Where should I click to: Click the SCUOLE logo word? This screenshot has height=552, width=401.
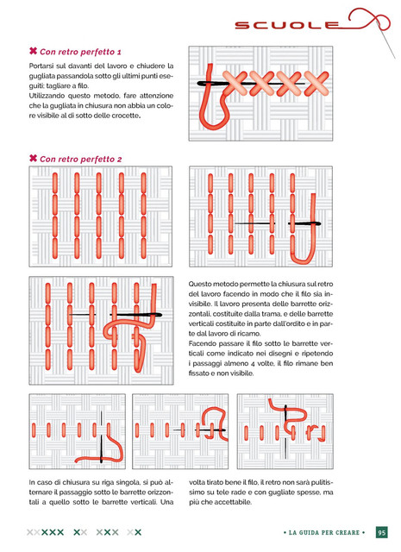286,25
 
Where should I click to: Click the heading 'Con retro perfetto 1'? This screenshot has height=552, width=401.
80,52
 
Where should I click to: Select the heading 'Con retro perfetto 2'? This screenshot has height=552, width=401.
80,160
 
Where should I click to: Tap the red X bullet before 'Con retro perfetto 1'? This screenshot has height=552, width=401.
33,51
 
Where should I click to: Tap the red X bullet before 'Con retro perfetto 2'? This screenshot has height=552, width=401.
33,158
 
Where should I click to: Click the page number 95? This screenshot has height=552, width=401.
382,532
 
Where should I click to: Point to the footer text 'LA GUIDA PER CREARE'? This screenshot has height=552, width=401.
324,533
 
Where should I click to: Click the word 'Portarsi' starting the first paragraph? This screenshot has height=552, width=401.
41,66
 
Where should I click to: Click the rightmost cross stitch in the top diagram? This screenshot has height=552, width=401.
316,84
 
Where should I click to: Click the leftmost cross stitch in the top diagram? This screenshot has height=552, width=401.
235,84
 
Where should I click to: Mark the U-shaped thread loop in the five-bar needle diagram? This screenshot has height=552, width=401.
304,261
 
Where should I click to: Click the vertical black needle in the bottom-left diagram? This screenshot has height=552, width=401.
102,436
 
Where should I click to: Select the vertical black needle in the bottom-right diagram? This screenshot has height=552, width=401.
285,432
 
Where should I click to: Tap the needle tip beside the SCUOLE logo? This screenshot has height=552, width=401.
395,58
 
